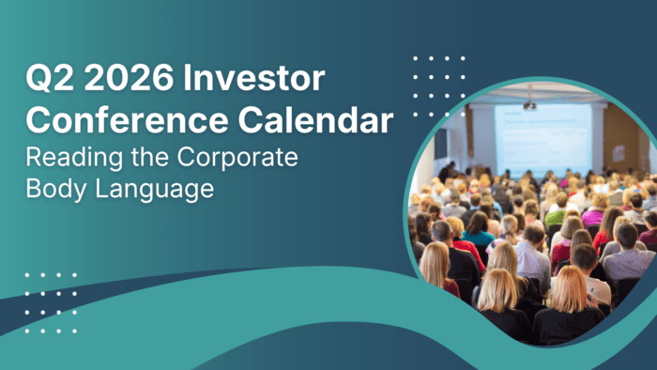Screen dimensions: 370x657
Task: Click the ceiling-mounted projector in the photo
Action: (x=529, y=103)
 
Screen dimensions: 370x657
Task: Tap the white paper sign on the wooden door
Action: (x=619, y=152)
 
